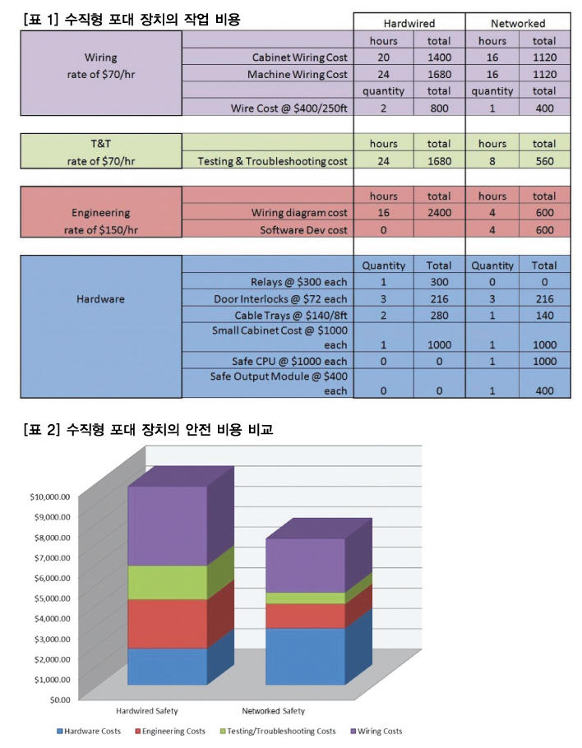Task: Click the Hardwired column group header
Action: [x=409, y=23]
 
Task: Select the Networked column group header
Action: [x=518, y=23]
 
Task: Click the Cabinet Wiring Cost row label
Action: [x=299, y=58]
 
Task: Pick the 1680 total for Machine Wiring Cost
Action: [x=439, y=75]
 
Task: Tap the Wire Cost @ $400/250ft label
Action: [x=289, y=109]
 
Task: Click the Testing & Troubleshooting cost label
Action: [x=272, y=161]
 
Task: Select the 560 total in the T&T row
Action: [x=544, y=161]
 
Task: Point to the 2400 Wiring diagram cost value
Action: [x=439, y=213]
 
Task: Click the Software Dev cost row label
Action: [x=303, y=230]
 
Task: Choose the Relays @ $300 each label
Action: [x=298, y=282]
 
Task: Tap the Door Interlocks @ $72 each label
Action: [x=280, y=299]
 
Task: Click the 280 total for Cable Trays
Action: [x=439, y=316]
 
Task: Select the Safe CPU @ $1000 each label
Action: [x=289, y=361]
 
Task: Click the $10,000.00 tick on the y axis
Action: [x=49, y=496]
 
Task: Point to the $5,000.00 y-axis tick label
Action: [x=52, y=598]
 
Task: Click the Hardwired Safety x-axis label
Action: [x=147, y=711]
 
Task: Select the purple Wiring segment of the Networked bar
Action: [x=305, y=566]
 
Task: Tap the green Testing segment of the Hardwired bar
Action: [x=168, y=583]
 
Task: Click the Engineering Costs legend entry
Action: [x=170, y=731]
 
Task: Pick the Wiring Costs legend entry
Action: [x=376, y=731]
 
